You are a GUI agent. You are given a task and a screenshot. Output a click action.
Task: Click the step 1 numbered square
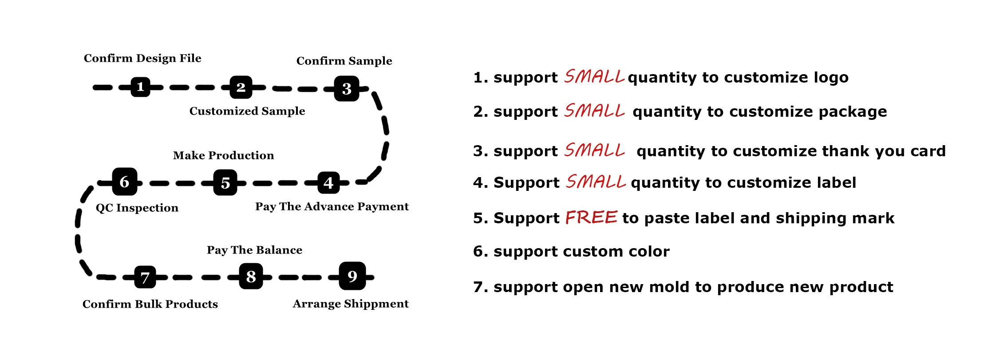[x=140, y=87]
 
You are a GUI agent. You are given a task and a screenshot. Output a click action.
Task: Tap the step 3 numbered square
[x=347, y=89]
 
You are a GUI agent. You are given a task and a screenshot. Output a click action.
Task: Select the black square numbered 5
[x=225, y=182]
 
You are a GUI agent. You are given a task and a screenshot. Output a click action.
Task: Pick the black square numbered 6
[x=124, y=182]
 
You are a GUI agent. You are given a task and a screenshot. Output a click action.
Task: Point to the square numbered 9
[x=352, y=276]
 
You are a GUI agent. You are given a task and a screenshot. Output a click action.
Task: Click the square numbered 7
[x=145, y=278]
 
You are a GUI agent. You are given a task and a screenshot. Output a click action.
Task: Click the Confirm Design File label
[x=142, y=58]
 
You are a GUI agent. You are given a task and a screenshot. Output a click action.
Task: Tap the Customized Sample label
[x=247, y=111]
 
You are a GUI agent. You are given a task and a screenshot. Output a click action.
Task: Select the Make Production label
[x=223, y=155]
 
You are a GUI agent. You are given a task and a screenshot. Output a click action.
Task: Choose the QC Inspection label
[x=137, y=208]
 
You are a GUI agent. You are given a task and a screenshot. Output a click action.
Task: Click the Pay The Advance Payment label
[x=332, y=206]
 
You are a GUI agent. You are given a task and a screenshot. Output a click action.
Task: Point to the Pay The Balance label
[x=254, y=250]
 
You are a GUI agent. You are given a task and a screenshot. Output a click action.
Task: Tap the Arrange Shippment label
[x=351, y=304]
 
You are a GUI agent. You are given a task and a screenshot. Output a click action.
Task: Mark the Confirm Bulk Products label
[x=150, y=304]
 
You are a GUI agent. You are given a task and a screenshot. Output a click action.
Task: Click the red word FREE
[x=591, y=218]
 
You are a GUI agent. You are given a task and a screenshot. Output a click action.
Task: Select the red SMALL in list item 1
[x=594, y=77]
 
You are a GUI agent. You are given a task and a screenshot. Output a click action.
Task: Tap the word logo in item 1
[x=831, y=78]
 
